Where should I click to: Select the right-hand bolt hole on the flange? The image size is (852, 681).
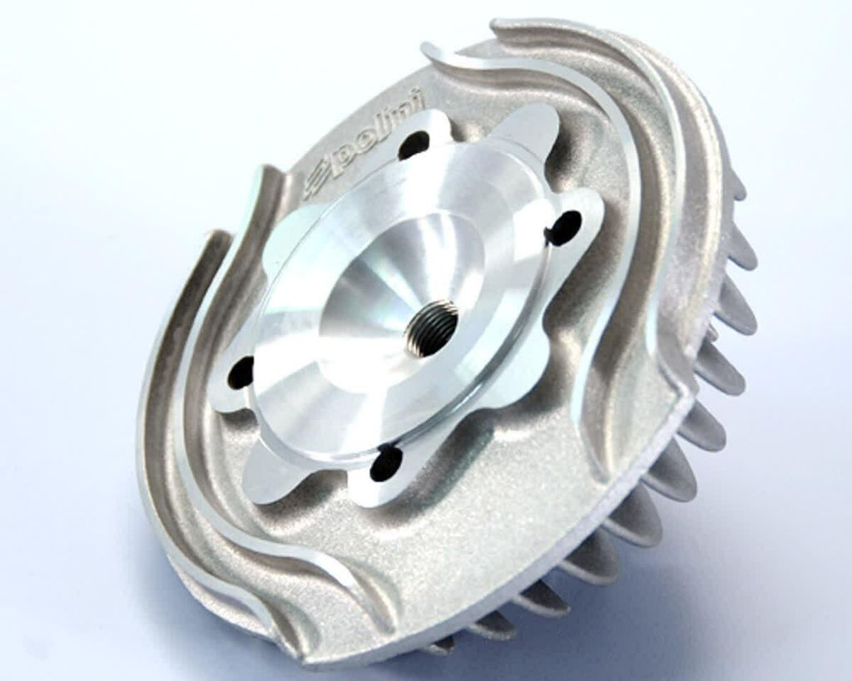coord(566,225)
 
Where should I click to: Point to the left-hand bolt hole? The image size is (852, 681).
coord(240,373)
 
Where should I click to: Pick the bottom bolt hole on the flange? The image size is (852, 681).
coord(386,463)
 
